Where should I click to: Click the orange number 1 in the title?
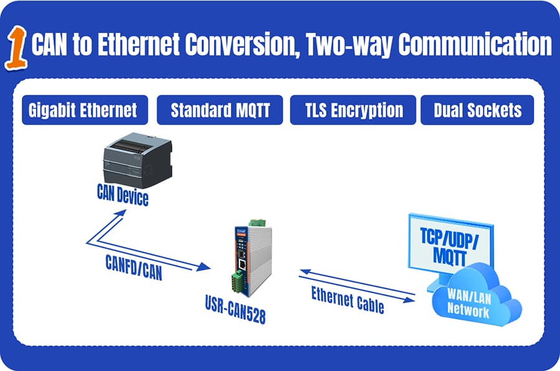pyautogui.click(x=16, y=47)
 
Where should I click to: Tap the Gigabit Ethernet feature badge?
pyautogui.click(x=85, y=110)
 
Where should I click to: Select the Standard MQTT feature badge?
pyautogui.click(x=220, y=110)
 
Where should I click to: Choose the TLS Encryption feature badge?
pyautogui.click(x=353, y=110)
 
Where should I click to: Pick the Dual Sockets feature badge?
pyautogui.click(x=477, y=110)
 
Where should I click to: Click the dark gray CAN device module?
pyautogui.click(x=138, y=160)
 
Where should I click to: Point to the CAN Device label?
pyautogui.click(x=123, y=195)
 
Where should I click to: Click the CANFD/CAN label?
pyautogui.click(x=134, y=268)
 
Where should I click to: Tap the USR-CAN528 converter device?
pyautogui.click(x=253, y=257)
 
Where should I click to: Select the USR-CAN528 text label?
pyautogui.click(x=235, y=309)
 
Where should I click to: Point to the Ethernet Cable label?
pyautogui.click(x=347, y=300)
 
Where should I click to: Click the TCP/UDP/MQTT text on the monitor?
pyautogui.click(x=449, y=247)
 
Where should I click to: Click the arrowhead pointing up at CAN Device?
pyautogui.click(x=119, y=214)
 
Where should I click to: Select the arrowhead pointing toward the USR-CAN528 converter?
pyautogui.click(x=203, y=266)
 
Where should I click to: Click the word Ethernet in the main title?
pyautogui.click(x=139, y=44)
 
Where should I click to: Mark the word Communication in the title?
pyautogui.click(x=475, y=44)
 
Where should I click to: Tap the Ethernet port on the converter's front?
pyautogui.click(x=243, y=265)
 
